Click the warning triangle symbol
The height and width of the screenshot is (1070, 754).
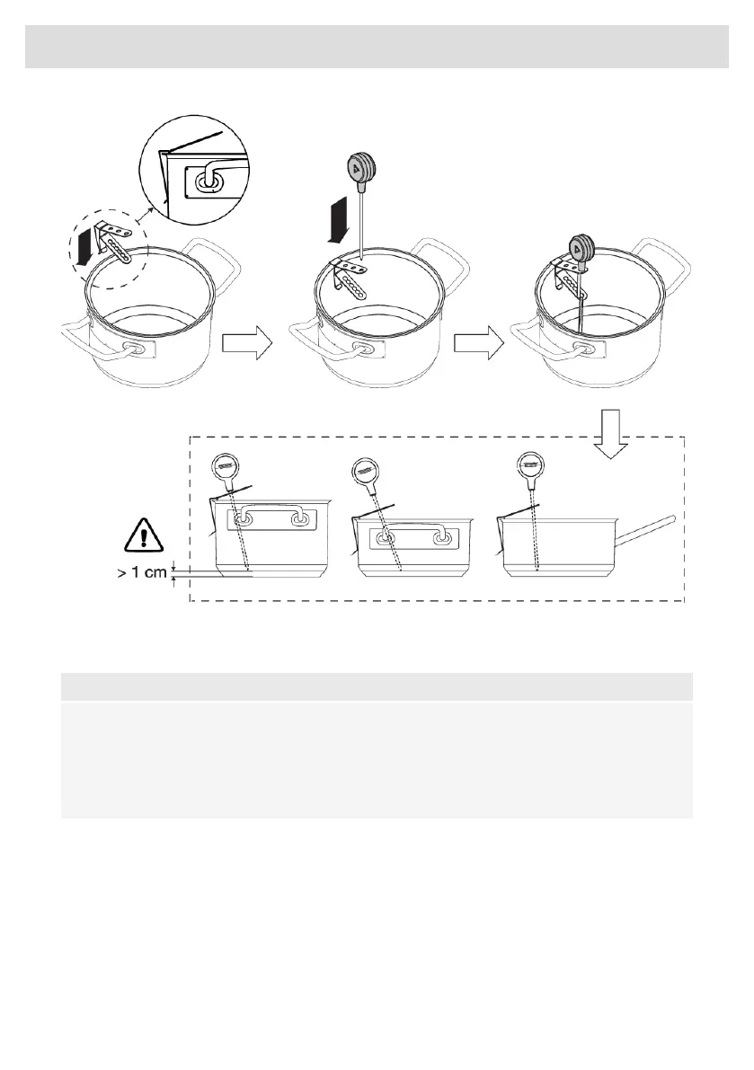point(145,538)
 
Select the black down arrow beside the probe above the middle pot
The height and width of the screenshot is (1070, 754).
point(335,222)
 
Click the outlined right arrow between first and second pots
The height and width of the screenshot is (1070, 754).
point(245,345)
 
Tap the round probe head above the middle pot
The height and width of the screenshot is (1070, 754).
point(363,168)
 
